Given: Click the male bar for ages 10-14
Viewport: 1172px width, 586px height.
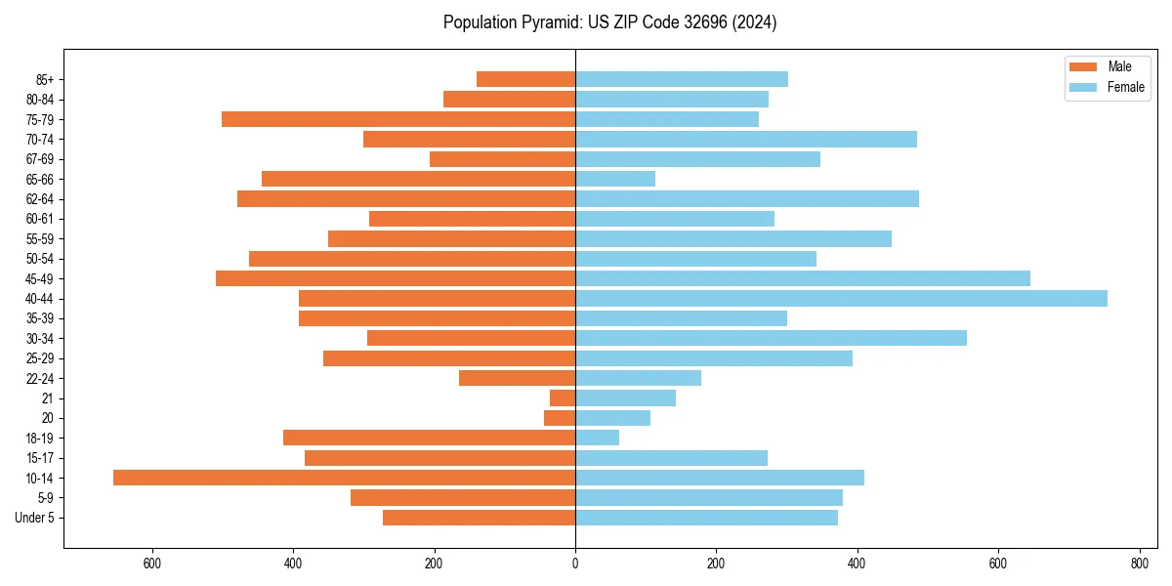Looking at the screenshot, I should [x=344, y=478].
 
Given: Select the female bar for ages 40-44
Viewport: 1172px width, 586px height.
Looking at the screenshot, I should [x=841, y=298].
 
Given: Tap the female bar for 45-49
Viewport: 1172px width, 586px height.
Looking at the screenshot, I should [x=803, y=278].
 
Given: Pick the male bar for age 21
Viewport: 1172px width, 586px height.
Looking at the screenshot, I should [x=563, y=398].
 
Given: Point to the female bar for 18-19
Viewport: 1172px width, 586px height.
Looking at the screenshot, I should [x=597, y=438].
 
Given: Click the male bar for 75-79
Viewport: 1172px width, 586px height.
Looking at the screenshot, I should [x=398, y=119].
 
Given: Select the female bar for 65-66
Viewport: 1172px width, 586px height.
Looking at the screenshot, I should [x=615, y=179].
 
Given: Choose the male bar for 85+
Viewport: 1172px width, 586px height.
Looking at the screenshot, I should [x=525, y=79].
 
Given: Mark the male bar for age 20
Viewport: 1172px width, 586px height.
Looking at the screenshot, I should [x=560, y=418].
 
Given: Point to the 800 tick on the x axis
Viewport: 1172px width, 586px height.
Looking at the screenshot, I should [x=1139, y=564].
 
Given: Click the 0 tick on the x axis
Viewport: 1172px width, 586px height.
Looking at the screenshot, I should [x=575, y=564].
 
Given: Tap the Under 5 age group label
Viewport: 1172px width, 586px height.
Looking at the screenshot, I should [x=34, y=518].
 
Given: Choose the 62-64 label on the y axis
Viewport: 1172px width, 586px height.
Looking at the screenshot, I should [x=40, y=199].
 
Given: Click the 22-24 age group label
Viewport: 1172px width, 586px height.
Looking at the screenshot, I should [x=40, y=378].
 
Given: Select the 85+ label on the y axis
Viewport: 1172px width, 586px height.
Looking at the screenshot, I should [x=45, y=79].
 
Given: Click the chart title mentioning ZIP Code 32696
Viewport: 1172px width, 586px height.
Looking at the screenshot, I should [x=609, y=22].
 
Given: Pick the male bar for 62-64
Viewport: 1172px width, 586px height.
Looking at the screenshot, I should [x=406, y=198].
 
